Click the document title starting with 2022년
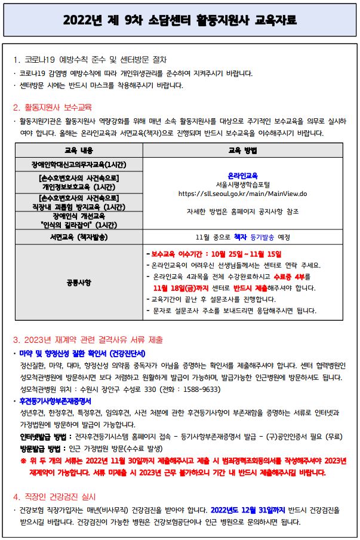[x=180, y=21]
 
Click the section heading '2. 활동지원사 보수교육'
[x=53, y=108]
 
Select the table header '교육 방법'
[x=242, y=150]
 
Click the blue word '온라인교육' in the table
[x=242, y=176]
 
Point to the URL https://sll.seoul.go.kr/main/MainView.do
[x=242, y=194]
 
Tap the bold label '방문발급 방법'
[x=41, y=448]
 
